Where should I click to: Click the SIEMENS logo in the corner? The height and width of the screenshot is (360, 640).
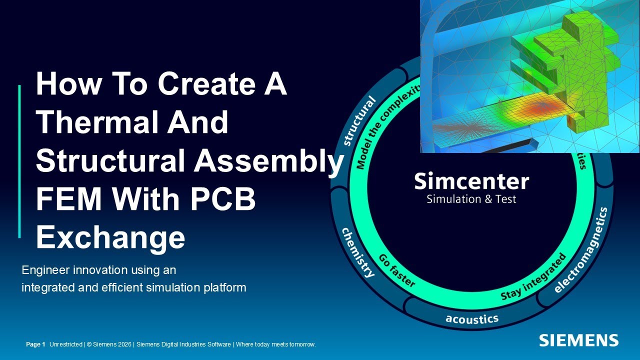click(578, 340)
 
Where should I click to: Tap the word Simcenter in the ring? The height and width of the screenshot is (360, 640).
click(471, 181)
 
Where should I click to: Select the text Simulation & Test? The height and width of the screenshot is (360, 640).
click(471, 199)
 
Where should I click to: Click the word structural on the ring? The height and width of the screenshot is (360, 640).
click(360, 121)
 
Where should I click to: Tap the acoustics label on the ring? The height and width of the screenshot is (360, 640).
click(471, 318)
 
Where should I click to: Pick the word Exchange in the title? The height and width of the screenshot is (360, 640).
click(110, 238)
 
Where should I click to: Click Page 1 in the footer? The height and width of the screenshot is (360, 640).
click(35, 344)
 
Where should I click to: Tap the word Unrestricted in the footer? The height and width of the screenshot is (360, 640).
click(66, 344)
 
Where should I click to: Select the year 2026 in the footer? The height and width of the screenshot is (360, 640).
click(124, 344)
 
